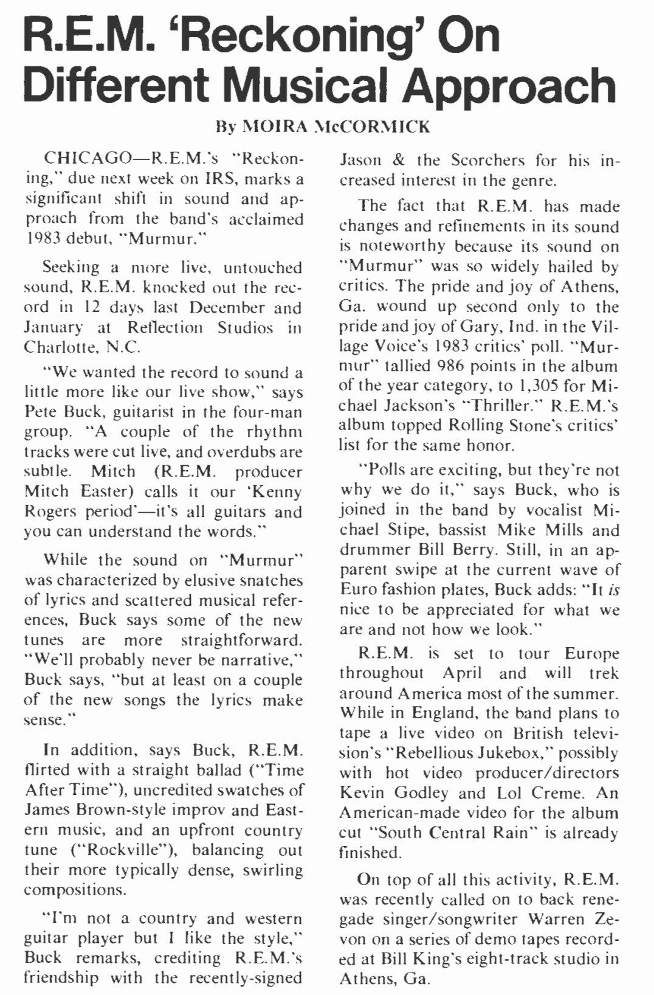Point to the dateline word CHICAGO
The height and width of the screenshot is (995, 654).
coord(84,159)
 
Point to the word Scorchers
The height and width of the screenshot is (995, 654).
coord(487,160)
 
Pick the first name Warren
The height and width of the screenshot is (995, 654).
coord(560,919)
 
